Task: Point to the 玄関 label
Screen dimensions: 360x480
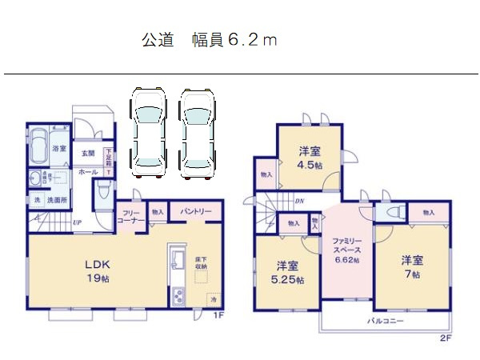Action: [x=87, y=154]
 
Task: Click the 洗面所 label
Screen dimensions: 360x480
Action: [x=54, y=199]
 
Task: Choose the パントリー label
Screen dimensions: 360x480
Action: [x=196, y=211]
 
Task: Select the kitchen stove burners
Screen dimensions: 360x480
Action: [x=176, y=296]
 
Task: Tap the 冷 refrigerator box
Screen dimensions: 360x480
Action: [x=212, y=298]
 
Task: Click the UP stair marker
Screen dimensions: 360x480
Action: [x=77, y=222]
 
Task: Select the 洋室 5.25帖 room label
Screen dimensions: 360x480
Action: [x=288, y=272]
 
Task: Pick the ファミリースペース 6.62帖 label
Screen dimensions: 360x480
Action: [x=346, y=249]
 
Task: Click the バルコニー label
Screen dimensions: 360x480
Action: [x=386, y=321]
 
